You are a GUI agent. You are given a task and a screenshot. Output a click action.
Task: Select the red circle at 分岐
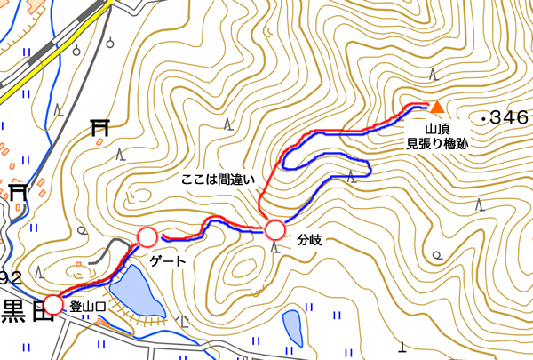274,230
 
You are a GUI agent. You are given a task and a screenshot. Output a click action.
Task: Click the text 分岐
308,240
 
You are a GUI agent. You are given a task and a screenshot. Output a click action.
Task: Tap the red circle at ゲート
147,237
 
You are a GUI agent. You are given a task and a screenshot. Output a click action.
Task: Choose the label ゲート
169,261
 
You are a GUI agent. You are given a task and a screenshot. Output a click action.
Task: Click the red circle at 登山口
53,304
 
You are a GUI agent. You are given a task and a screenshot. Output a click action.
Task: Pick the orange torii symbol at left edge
19,189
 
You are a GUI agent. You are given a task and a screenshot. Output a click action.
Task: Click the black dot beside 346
481,117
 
